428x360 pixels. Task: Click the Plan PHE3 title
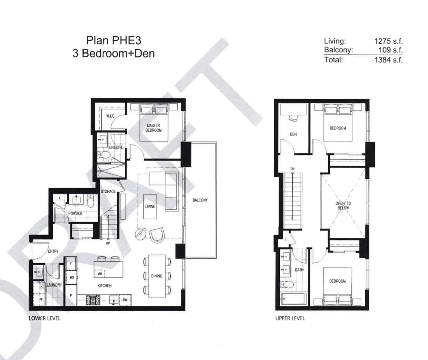(x=114, y=40)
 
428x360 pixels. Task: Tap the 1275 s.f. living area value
(x=388, y=41)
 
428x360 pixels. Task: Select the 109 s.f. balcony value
(x=390, y=50)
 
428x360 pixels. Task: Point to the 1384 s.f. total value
(x=388, y=60)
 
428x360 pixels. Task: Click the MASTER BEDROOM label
(x=153, y=128)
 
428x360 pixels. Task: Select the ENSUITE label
(x=116, y=148)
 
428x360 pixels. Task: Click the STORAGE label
(x=108, y=191)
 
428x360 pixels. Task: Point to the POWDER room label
(x=75, y=213)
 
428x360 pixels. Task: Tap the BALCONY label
(x=200, y=200)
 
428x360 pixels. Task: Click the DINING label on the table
(x=157, y=276)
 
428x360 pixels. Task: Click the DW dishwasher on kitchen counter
(x=125, y=300)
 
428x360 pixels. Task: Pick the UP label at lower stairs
(x=108, y=243)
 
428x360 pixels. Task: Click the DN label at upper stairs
(x=292, y=169)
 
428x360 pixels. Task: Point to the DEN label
(x=293, y=134)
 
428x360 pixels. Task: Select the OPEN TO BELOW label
(x=343, y=206)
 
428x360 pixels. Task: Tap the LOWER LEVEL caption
(x=45, y=318)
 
